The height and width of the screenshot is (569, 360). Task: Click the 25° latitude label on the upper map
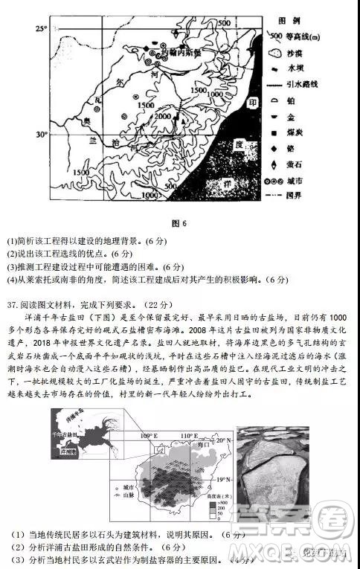tap(41, 28)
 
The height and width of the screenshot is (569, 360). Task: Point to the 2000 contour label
tap(160, 117)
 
